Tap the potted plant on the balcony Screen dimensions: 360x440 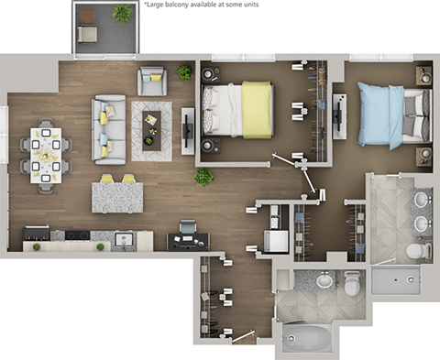pyautogui.click(x=121, y=13)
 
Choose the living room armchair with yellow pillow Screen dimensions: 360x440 pyautogui.click(x=151, y=81)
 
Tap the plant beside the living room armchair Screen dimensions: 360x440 pyautogui.click(x=184, y=71)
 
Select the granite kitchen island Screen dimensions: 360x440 pyautogui.click(x=117, y=196)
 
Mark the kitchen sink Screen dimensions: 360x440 pyautogui.click(x=124, y=240)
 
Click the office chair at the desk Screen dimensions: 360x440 pyautogui.click(x=188, y=228)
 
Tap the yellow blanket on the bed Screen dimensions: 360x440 pyautogui.click(x=257, y=110)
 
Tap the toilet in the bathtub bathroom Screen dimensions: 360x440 pyautogui.click(x=352, y=286)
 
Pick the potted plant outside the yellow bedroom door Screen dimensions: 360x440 pyautogui.click(x=203, y=176)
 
